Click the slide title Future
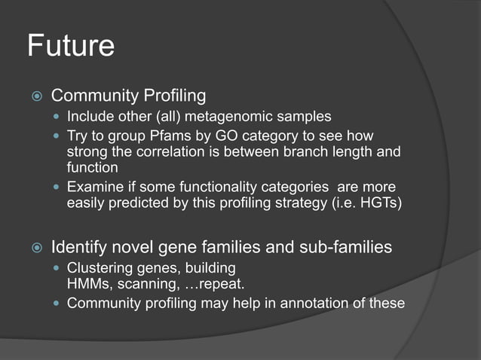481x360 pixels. pos(71,46)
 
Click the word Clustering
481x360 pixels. pos(100,268)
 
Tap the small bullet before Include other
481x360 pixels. pos(58,117)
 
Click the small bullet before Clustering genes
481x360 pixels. pos(58,268)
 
